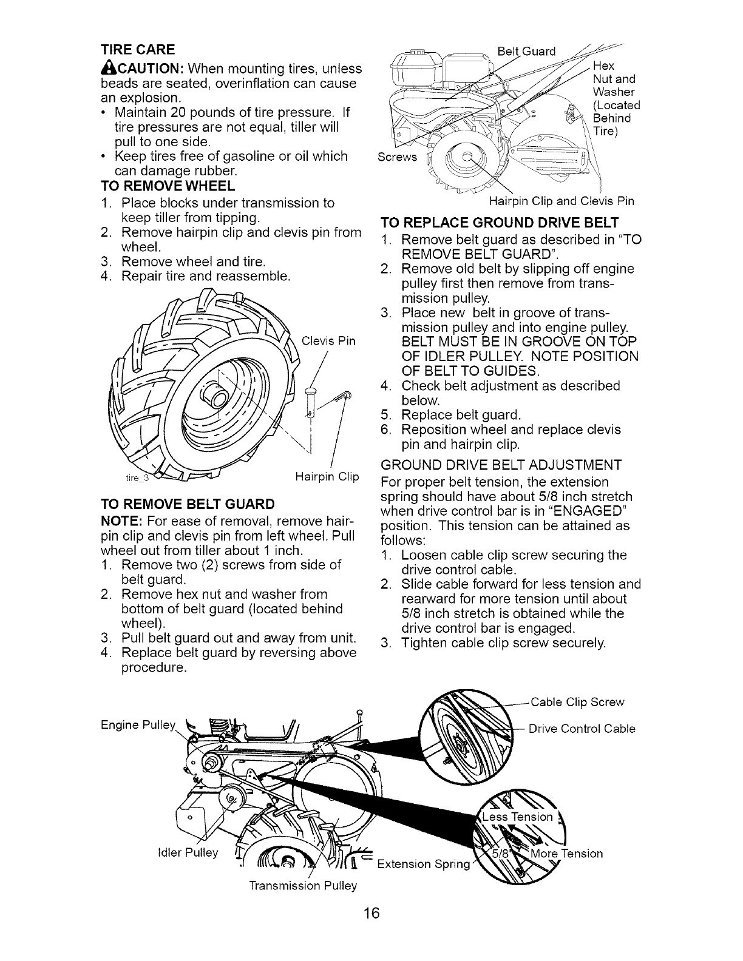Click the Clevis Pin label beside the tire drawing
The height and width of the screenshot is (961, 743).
pyautogui.click(x=328, y=340)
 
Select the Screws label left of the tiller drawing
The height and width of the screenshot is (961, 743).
pyautogui.click(x=397, y=157)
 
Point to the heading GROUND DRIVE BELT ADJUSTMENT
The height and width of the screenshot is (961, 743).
pyautogui.click(x=500, y=465)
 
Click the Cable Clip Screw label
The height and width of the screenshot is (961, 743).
pyautogui.click(x=577, y=702)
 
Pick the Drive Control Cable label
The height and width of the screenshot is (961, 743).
pyautogui.click(x=582, y=729)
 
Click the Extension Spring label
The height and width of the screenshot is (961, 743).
pyautogui.click(x=423, y=863)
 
